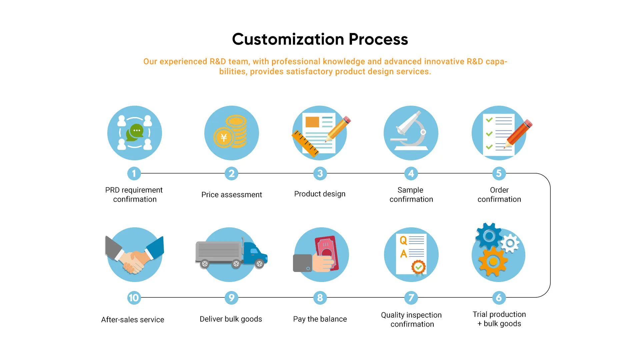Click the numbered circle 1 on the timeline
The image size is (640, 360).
134,173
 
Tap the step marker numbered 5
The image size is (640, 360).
499,173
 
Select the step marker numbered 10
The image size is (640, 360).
134,298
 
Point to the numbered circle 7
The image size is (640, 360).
411,298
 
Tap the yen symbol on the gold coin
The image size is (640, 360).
224,137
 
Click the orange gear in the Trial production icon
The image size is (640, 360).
493,262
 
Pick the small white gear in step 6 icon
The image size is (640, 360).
510,243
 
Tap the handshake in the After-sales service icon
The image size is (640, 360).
135,261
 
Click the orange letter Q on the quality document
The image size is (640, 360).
403,240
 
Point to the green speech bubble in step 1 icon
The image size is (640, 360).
135,133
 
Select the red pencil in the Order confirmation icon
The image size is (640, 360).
518,134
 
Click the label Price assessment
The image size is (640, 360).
232,195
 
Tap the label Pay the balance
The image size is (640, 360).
320,319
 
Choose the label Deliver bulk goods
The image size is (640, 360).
231,319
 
